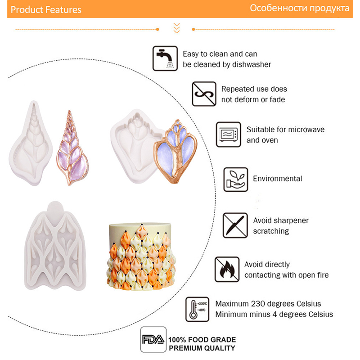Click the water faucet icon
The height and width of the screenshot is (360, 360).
point(165,58)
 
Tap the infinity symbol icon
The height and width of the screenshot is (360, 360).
point(204,94)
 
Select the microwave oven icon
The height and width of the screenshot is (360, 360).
point(229,135)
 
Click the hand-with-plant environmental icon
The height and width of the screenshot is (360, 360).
point(236,180)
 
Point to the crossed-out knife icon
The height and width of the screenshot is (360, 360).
point(235,225)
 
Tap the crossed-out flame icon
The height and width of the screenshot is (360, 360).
point(227,269)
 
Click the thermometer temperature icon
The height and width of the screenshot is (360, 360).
point(197,309)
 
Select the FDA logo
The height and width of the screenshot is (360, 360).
point(153,340)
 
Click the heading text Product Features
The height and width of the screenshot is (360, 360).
point(46,9)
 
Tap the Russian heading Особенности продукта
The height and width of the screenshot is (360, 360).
point(299,9)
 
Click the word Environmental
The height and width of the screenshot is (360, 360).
point(278,179)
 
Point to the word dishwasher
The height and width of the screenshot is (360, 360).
point(252,64)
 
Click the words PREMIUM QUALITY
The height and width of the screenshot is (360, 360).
point(202,348)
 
